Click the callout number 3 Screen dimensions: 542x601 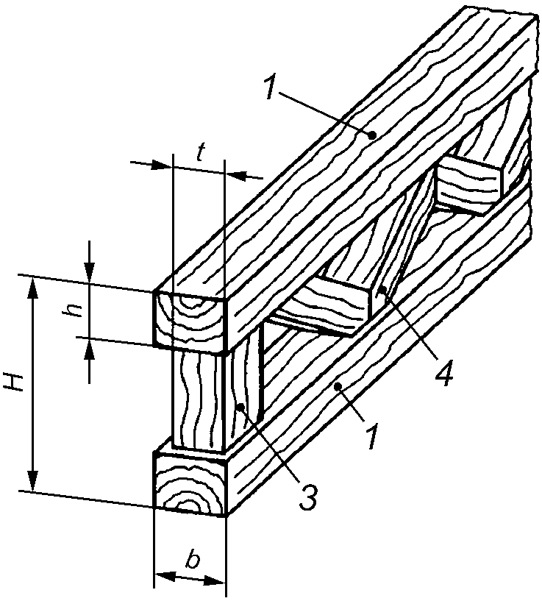click(x=308, y=497)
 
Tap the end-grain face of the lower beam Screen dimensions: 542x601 click(x=190, y=482)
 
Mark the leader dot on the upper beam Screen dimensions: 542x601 click(x=371, y=135)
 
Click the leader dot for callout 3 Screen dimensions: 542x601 click(x=240, y=407)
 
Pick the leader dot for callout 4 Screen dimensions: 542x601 click(x=381, y=293)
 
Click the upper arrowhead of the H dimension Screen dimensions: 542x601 click(x=33, y=288)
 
